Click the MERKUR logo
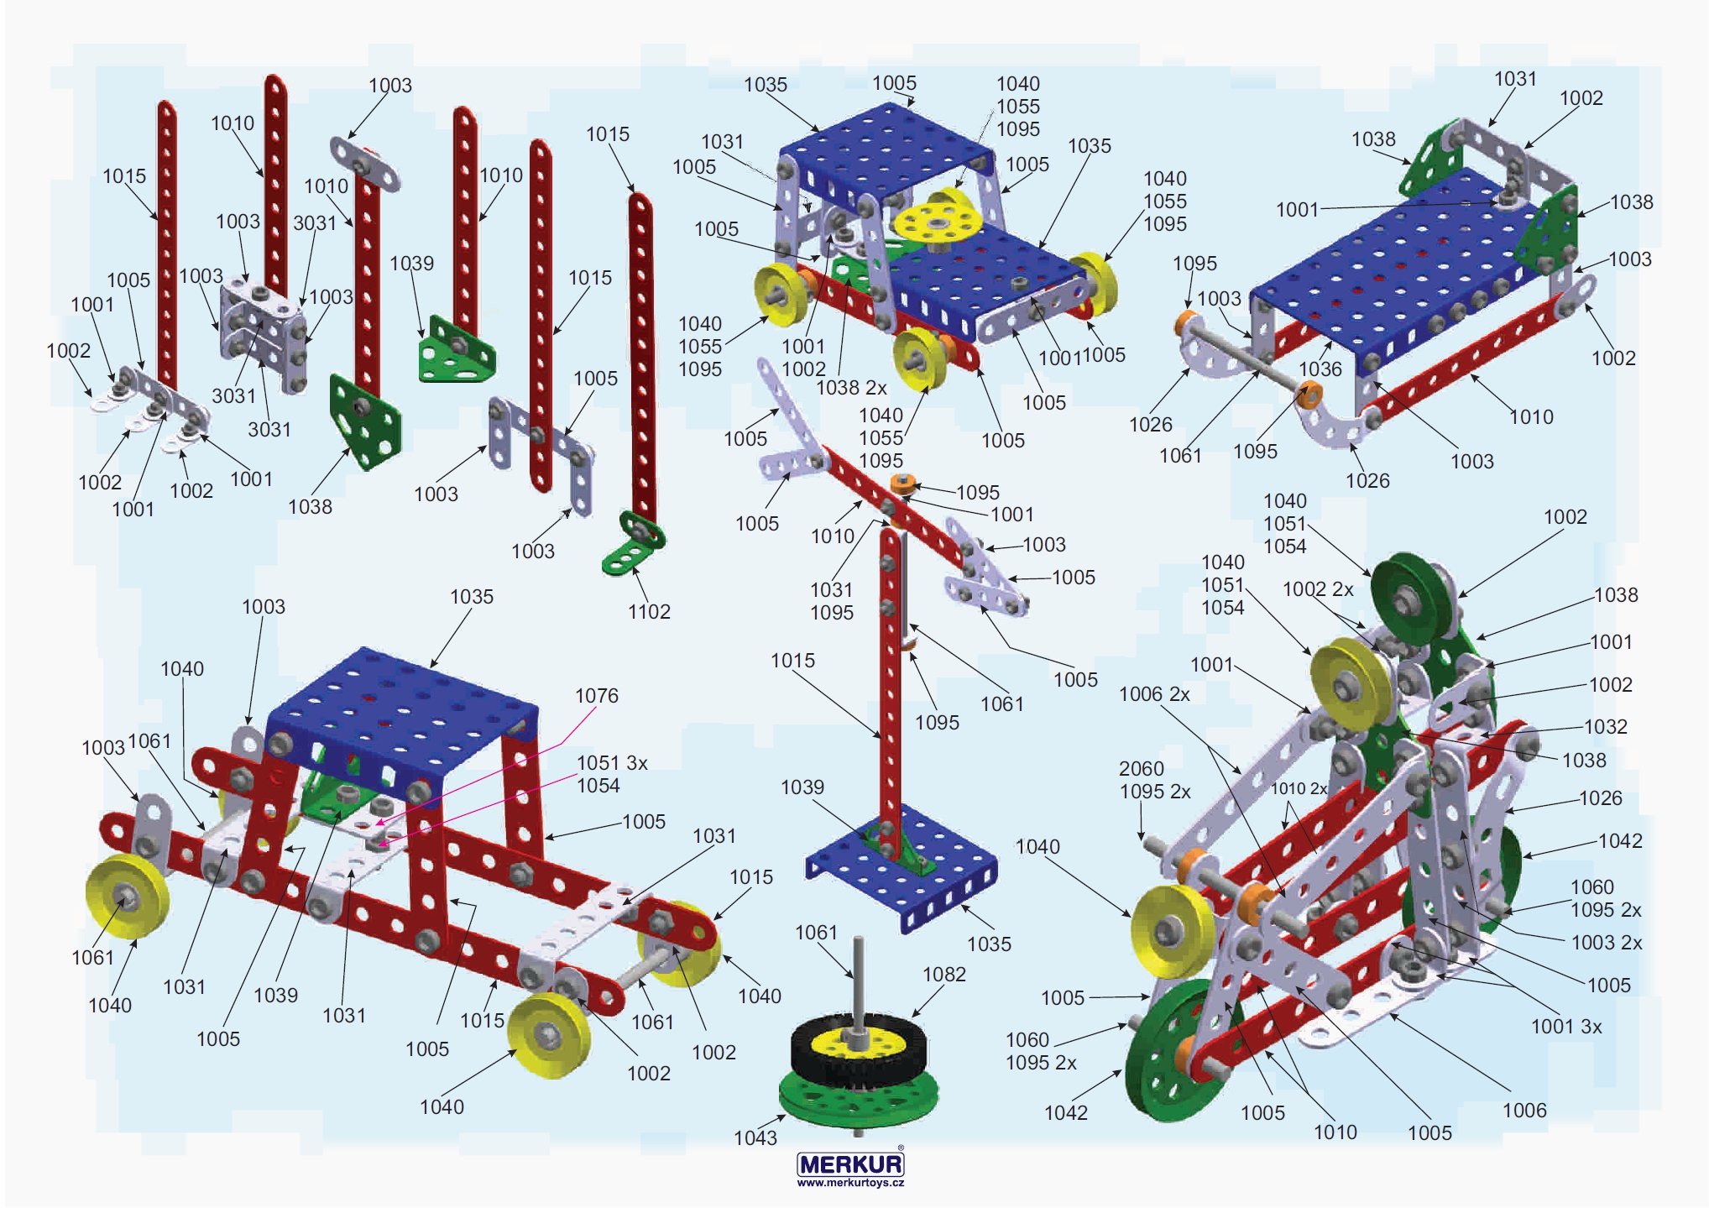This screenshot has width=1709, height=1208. click(x=850, y=1163)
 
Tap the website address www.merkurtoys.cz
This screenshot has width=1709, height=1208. click(x=850, y=1183)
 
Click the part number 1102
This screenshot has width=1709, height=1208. click(x=649, y=611)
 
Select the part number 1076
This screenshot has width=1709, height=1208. click(x=596, y=695)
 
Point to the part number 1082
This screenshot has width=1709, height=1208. click(x=944, y=974)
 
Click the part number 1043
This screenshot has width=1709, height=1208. click(x=755, y=1137)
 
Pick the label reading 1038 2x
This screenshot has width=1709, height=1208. click(x=851, y=387)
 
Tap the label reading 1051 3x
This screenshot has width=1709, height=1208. click(x=612, y=762)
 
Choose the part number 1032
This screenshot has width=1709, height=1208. click(x=1605, y=726)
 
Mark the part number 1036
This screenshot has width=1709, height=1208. click(x=1320, y=369)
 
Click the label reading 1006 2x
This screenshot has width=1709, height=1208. click(x=1154, y=693)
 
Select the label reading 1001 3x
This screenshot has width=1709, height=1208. click(x=1566, y=1026)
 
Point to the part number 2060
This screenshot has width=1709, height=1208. click(x=1141, y=768)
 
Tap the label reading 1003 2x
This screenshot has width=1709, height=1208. click(x=1607, y=942)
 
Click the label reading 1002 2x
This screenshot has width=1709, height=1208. click(x=1318, y=589)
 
